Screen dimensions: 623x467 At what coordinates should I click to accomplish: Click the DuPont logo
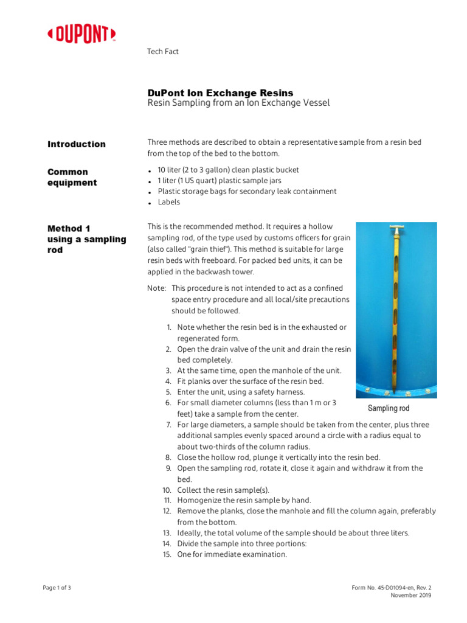pos(81,35)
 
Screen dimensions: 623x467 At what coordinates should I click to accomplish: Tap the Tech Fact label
pos(163,52)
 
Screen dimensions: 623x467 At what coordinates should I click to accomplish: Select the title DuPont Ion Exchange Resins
pos(220,93)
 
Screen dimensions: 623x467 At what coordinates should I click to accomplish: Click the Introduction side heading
pos(77,144)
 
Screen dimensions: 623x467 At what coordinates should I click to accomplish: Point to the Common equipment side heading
pos(72,177)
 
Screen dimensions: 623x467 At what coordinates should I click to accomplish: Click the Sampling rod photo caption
pos(389,408)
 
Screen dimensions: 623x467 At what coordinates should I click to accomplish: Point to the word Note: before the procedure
pos(157,288)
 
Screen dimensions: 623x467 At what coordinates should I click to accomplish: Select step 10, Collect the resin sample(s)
pos(223,490)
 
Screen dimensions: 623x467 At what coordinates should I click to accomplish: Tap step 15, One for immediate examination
pos(232,555)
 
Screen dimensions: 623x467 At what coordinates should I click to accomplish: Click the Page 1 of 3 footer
pos(57,588)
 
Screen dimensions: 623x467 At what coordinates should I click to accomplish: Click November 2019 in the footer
pos(410,596)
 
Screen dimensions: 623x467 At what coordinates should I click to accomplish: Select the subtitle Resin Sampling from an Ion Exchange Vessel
pos(238,103)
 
